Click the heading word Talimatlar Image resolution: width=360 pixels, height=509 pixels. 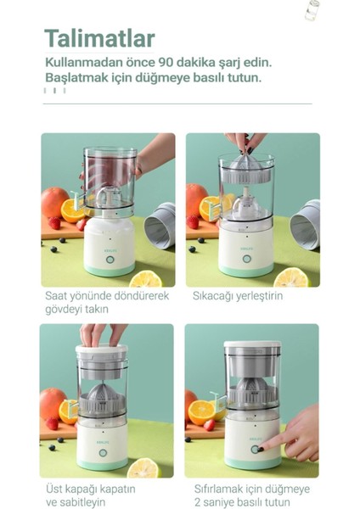coord(99,39)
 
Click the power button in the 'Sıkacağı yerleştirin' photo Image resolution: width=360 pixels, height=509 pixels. coord(247,259)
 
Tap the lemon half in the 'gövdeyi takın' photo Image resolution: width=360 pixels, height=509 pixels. coord(146,278)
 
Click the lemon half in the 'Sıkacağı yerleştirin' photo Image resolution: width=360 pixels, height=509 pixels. coord(292,277)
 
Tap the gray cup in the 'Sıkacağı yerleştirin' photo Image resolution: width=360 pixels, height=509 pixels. coord(305,225)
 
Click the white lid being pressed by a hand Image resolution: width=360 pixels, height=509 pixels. coord(101,350)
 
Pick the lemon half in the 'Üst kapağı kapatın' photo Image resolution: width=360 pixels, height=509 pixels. coord(143,467)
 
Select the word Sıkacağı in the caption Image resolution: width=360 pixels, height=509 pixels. coord(216,297)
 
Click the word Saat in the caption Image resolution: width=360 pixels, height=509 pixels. coord(59,297)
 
